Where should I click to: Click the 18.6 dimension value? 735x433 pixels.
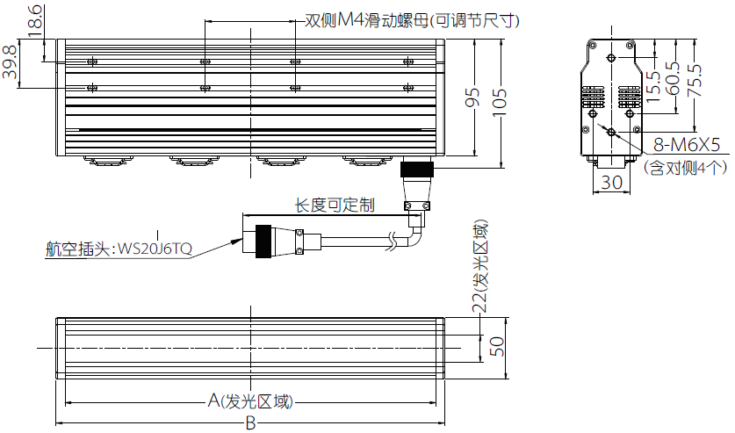coord(35,20)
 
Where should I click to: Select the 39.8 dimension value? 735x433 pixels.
coord(11,61)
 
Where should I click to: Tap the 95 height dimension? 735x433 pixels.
coord(472,97)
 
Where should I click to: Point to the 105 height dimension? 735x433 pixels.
coord(500,102)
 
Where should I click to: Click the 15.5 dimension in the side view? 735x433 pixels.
coord(653,87)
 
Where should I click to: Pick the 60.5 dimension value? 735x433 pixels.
coord(672,78)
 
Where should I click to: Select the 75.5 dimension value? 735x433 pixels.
coord(695,81)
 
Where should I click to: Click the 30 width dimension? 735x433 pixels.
coord(611,183)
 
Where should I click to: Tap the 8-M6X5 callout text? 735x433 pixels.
coord(687,145)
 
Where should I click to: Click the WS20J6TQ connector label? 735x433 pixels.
coord(155,249)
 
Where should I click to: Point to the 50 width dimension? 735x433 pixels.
coord(497,347)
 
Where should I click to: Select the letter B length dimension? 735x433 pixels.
coord(251,423)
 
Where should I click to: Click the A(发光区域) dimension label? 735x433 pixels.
coord(250,401)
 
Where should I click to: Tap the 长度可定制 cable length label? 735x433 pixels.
coord(335,205)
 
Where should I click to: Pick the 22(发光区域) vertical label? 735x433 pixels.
coord(479,266)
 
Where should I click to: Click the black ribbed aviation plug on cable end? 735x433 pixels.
coord(263,242)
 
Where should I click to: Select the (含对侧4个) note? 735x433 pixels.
coord(685,168)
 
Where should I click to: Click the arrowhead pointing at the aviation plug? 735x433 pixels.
coord(236,242)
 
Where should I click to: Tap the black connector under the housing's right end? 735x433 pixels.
coord(417,169)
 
